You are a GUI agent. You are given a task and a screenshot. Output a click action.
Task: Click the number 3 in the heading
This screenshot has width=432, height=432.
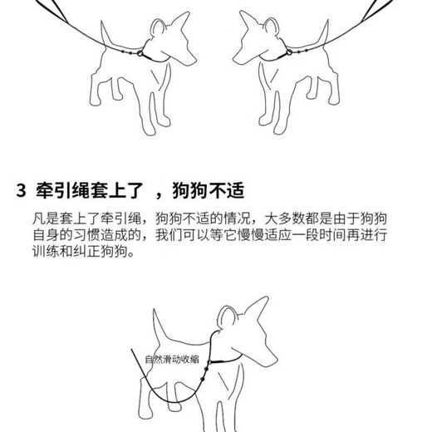click(x=22, y=189)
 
